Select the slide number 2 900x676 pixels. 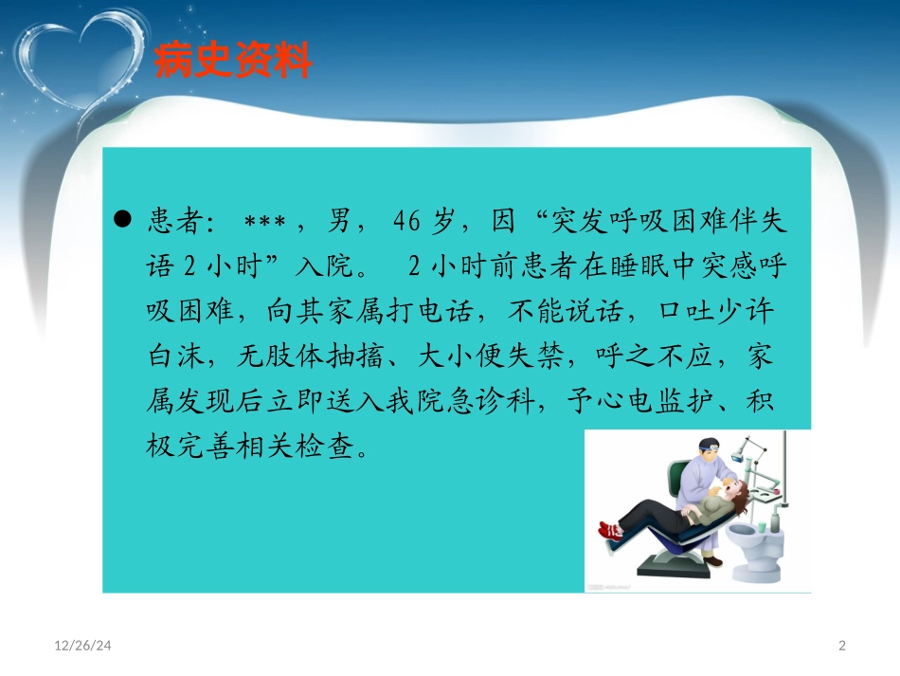click(x=842, y=647)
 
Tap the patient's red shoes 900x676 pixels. click(x=611, y=528)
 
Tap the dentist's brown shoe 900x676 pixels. click(x=711, y=562)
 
